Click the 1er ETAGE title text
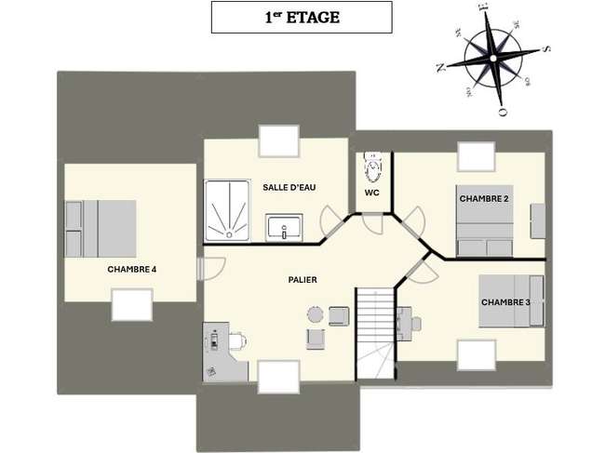point(302,18)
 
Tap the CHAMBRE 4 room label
point(132,269)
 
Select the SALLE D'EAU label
point(289,188)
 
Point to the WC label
point(372,193)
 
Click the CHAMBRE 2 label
point(484,198)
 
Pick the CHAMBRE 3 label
point(505,302)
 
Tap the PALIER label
point(302,280)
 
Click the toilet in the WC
point(373,167)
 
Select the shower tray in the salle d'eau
point(227,210)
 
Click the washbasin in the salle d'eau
point(284,228)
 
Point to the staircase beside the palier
point(375,334)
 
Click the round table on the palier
point(316,314)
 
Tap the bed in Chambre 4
point(101,229)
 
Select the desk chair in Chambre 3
point(415,324)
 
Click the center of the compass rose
point(493,59)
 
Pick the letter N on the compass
point(440,68)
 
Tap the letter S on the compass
point(546,49)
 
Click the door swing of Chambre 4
point(214,268)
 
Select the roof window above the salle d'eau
point(279,141)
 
